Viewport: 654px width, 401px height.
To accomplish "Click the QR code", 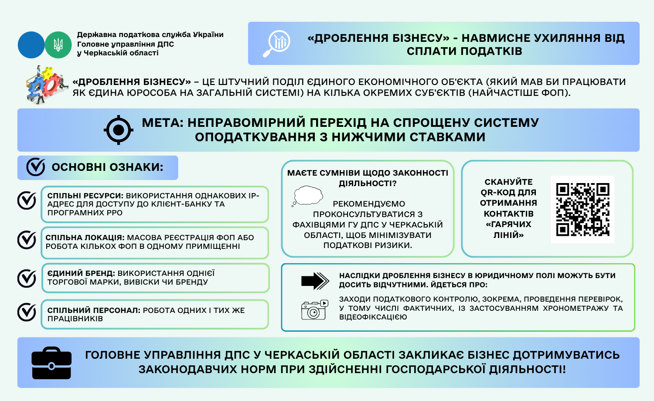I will click(x=582, y=209).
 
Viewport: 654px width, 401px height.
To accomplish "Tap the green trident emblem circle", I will click(x=58, y=45).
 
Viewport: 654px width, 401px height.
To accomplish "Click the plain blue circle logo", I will click(x=31, y=45).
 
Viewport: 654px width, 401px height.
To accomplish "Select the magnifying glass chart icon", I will click(x=276, y=44).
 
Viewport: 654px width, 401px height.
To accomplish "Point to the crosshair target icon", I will click(x=118, y=130).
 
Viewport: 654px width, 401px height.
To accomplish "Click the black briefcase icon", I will click(x=51, y=363).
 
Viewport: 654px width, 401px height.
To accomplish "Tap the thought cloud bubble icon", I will click(x=308, y=196).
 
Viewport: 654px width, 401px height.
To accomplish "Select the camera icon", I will click(x=314, y=310).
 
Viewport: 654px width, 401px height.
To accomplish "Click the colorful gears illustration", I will click(x=44, y=85).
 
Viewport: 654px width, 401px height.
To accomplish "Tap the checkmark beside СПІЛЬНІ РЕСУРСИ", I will click(x=27, y=200).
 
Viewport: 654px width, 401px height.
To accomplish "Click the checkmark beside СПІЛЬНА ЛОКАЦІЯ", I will click(x=27, y=240).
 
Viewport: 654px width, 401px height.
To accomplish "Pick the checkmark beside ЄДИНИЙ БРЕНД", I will click(x=27, y=278).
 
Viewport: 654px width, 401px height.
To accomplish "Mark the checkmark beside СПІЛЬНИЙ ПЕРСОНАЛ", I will click(x=27, y=312).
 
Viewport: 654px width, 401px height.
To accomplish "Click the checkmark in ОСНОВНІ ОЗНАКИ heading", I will click(x=36, y=167).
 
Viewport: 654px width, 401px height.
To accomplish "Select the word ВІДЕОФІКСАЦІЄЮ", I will click(x=373, y=317).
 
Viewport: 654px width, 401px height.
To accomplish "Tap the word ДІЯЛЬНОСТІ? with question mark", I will click(x=368, y=184).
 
